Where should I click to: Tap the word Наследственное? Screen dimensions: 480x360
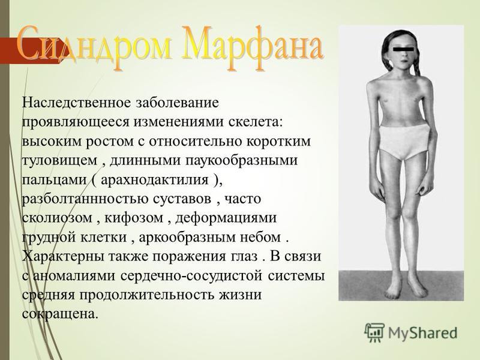point(77,102)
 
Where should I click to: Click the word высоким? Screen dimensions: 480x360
point(52,141)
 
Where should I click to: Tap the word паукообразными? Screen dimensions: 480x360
point(238,161)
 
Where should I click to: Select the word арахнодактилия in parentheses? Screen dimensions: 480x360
point(154,179)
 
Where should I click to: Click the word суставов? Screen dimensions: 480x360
point(182,199)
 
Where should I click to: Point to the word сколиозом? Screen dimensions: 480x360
point(57,218)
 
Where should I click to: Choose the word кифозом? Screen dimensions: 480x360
point(134,218)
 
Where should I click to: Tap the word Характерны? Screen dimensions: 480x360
point(64,257)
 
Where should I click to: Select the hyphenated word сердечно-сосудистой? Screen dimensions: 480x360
point(191,276)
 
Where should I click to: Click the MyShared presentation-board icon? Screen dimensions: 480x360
point(374,332)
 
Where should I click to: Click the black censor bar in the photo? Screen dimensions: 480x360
point(403,49)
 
